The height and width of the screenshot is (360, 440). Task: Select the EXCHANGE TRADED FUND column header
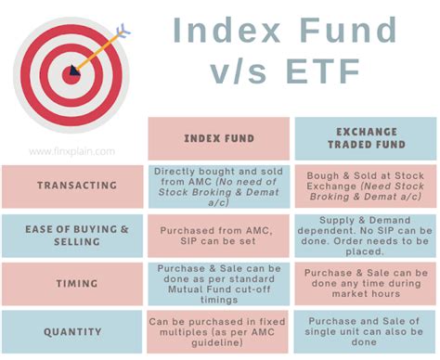[365, 138]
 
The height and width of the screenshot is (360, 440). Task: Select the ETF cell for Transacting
[365, 185]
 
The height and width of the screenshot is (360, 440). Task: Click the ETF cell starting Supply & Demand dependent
[365, 235]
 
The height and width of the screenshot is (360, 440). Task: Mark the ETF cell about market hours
[365, 283]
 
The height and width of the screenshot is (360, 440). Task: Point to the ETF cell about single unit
[365, 331]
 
